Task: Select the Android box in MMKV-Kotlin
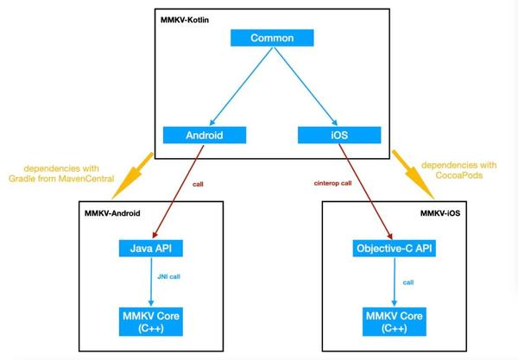(x=205, y=135)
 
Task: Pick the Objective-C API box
(x=393, y=249)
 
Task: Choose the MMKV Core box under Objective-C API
(x=393, y=321)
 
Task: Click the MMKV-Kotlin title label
(x=186, y=18)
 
